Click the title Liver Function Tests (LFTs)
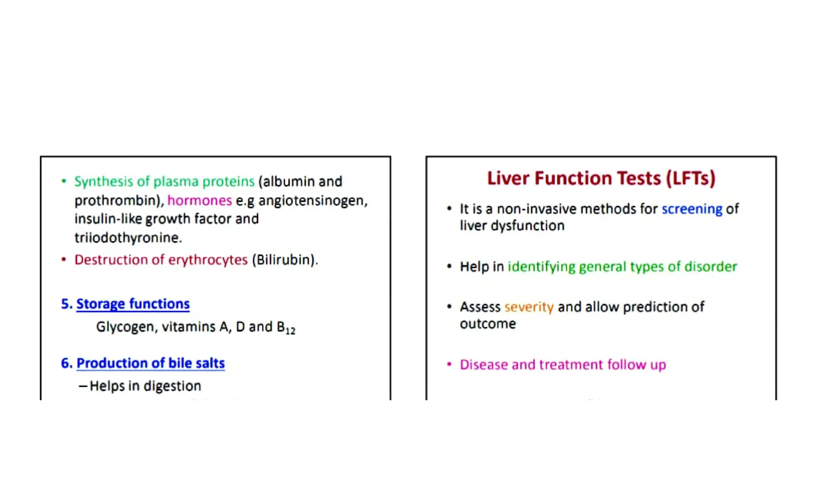[601, 179]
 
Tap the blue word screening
[691, 209]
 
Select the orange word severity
[529, 307]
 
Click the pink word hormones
[199, 200]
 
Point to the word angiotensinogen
[312, 201]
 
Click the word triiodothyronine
[127, 238]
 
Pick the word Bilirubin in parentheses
[284, 260]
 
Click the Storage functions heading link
[133, 304]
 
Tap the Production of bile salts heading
[151, 363]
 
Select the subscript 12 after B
[290, 331]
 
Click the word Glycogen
[126, 327]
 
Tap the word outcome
[488, 324]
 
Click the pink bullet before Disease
[449, 364]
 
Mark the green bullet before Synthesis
[64, 181]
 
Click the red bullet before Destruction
[64, 259]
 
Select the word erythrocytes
[208, 260]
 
